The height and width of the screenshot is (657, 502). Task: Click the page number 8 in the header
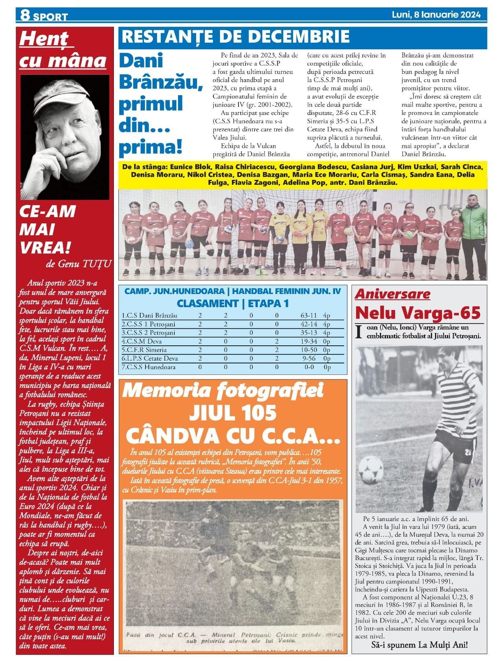25,16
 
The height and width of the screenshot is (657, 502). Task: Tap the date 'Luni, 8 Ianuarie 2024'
436,15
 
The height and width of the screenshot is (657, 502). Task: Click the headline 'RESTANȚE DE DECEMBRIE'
236,37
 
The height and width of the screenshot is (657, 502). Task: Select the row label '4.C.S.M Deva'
142,341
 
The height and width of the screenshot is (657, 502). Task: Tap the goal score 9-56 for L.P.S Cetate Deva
309,358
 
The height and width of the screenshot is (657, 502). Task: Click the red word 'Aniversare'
392,294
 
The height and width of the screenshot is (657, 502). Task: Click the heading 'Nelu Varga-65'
418,313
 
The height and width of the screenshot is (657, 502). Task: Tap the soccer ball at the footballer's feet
370,468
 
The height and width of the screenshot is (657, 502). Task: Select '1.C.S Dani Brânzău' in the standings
150,316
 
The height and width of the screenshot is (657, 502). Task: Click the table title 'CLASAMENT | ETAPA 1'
232,303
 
